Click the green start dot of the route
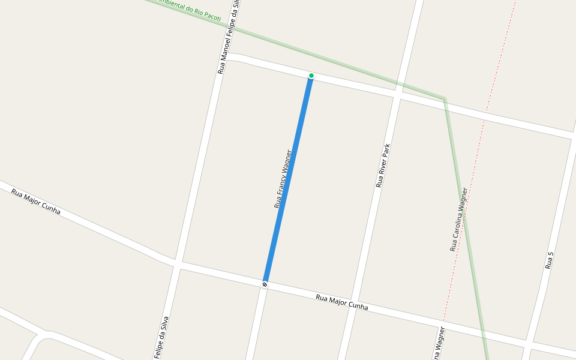coord(311,76)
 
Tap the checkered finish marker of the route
coord(265,284)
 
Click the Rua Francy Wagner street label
coord(283,179)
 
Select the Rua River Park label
coord(383,166)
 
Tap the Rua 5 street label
coord(549,260)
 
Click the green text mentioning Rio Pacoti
coord(189,10)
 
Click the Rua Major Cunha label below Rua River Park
coord(341,302)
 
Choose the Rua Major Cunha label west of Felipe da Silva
coord(36,202)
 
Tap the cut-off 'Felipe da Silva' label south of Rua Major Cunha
coord(161,337)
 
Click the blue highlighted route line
coord(288,180)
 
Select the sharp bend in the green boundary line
coord(444,98)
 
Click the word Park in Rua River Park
coord(387,151)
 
